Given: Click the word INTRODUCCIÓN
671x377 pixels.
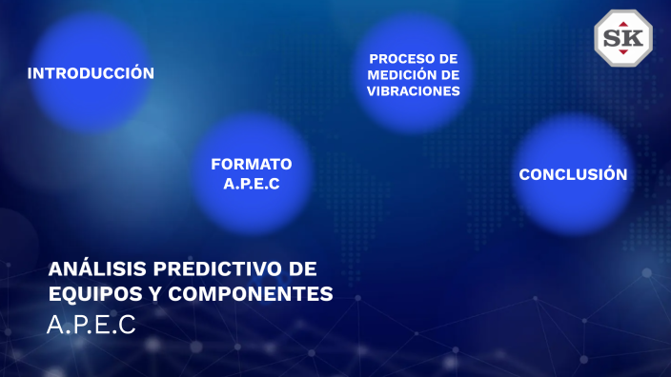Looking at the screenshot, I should pyautogui.click(x=91, y=73).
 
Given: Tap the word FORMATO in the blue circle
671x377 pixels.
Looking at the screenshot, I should pyautogui.click(x=252, y=164).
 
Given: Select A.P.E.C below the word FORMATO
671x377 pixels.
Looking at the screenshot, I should pyautogui.click(x=252, y=184).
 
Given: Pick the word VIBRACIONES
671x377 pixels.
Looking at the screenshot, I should pyautogui.click(x=414, y=91).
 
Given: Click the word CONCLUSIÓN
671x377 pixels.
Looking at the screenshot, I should pyautogui.click(x=573, y=174).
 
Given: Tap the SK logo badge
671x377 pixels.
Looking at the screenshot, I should pyautogui.click(x=623, y=38).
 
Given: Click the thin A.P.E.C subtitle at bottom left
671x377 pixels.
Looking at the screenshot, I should pyautogui.click(x=91, y=325).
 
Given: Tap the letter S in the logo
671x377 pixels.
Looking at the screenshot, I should pyautogui.click(x=614, y=38).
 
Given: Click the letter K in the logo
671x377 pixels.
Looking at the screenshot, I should pyautogui.click(x=634, y=38).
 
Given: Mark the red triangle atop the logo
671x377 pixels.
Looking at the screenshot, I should pyautogui.click(x=623, y=23).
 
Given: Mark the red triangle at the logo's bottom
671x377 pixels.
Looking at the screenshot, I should pyautogui.click(x=623, y=54).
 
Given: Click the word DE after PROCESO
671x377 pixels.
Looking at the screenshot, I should pyautogui.click(x=449, y=58).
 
